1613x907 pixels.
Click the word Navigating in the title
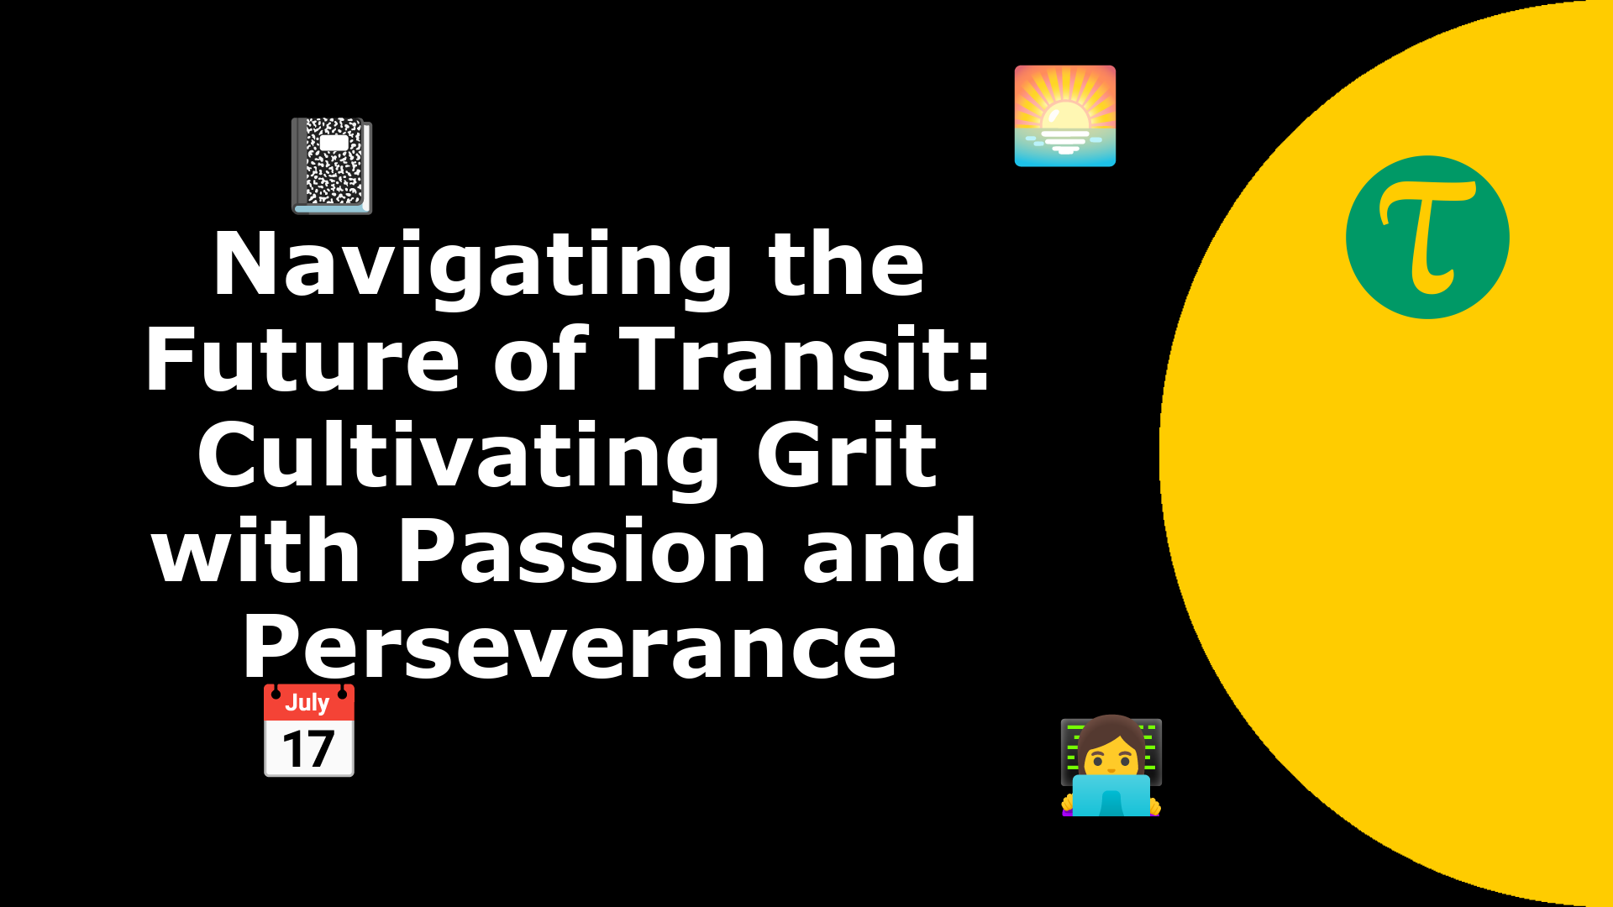pyautogui.click(x=473, y=266)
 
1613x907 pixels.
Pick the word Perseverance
pyautogui.click(x=570, y=647)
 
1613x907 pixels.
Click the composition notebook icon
pyautogui.click(x=332, y=166)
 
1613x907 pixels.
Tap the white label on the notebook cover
pyautogui.click(x=334, y=143)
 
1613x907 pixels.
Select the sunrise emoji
pyautogui.click(x=1065, y=116)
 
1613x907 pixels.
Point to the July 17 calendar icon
pyautogui.click(x=309, y=730)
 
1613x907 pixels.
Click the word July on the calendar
pyautogui.click(x=307, y=703)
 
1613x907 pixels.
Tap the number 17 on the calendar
pyautogui.click(x=308, y=749)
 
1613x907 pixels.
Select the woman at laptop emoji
pyautogui.click(x=1111, y=765)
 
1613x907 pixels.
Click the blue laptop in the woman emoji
pyautogui.click(x=1111, y=795)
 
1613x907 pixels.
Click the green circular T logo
pyautogui.click(x=1427, y=237)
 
